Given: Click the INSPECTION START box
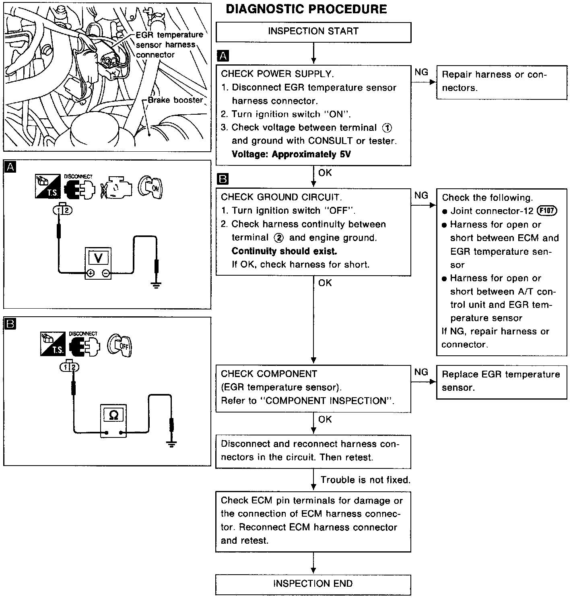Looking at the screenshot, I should (313, 32).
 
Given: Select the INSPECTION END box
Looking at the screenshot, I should (313, 584).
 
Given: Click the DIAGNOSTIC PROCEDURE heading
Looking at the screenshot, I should (306, 9).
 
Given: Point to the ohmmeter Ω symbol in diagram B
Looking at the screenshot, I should (113, 415).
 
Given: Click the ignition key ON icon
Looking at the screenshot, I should (150, 187).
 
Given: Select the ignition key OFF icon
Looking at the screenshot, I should (120, 345).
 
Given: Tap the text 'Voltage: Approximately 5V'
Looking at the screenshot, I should (291, 154).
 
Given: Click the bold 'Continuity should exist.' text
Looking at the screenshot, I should (284, 251).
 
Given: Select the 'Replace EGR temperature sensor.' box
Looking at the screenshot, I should (501, 381).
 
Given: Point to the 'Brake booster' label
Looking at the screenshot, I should (175, 100).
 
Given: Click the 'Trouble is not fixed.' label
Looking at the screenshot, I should (365, 480).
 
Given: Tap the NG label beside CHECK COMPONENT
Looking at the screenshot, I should (421, 372).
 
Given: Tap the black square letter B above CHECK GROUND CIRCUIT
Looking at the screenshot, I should (222, 179).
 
